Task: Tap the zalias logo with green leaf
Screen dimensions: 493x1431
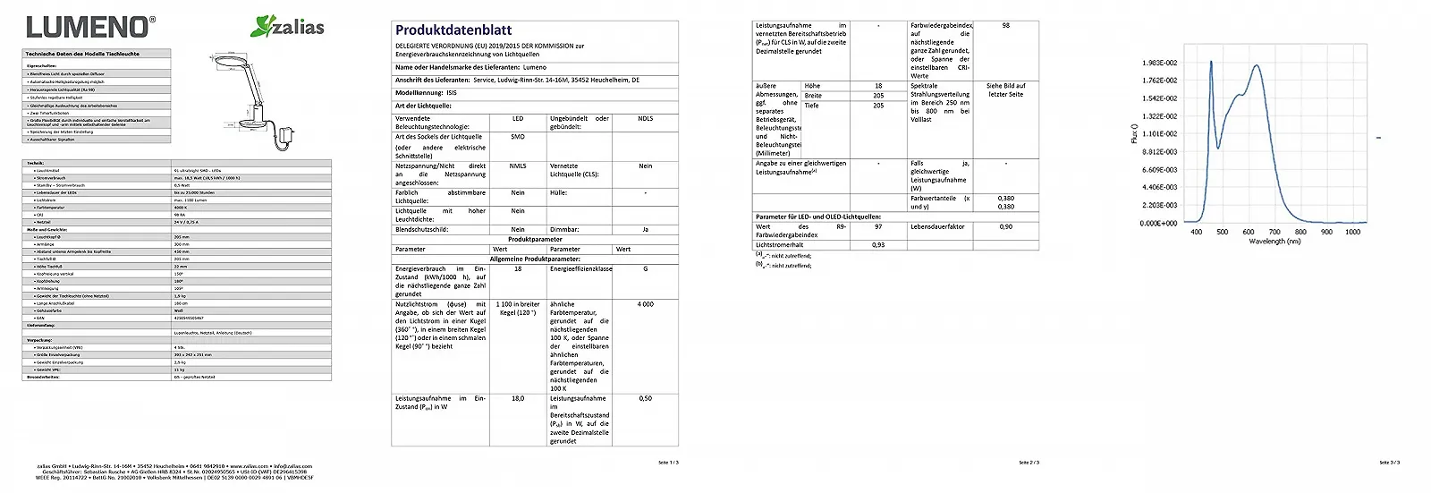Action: (288, 27)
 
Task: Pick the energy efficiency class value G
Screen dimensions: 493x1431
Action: (645, 268)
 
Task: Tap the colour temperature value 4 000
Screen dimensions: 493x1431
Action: (645, 304)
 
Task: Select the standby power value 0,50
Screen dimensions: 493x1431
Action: (645, 399)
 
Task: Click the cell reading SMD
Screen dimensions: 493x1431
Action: (518, 137)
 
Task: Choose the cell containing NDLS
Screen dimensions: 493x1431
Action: (645, 119)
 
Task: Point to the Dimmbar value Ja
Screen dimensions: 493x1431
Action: (645, 230)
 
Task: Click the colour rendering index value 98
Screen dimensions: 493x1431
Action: (1005, 26)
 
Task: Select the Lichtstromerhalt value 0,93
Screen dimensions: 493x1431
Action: (878, 244)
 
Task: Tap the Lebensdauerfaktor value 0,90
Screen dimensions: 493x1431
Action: (1006, 227)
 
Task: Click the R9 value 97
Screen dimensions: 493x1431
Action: (878, 227)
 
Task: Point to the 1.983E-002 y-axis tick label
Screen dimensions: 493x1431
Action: (1159, 63)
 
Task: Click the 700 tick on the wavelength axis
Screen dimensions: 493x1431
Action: (1274, 232)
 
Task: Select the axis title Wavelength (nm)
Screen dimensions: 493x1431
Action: (1274, 242)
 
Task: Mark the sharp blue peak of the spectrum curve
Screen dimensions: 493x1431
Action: (1211, 63)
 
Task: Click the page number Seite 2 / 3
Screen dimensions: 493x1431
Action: (1029, 463)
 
